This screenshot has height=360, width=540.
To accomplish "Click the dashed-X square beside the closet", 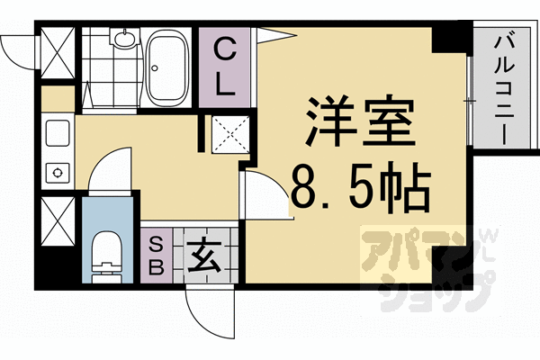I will pyautogui.click(x=226, y=136).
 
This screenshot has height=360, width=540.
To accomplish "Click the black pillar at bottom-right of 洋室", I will pyautogui.click(x=444, y=270).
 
